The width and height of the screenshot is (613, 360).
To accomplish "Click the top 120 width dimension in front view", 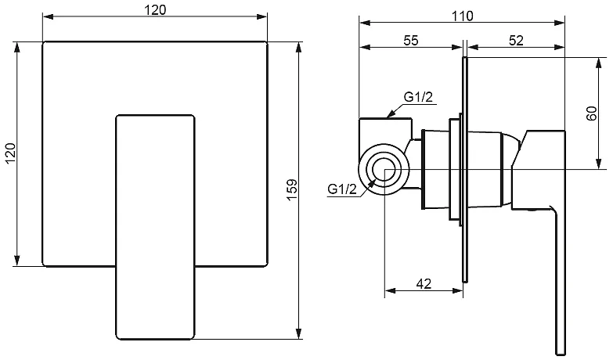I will click(x=155, y=9).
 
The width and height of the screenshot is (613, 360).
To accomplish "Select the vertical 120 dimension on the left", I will click(x=9, y=153).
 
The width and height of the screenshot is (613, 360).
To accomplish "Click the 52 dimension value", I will click(x=515, y=41).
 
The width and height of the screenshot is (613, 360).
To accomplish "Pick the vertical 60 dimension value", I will click(x=592, y=113).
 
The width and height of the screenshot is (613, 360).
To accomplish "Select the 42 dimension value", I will click(x=424, y=284).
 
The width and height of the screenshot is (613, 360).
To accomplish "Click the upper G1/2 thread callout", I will click(x=420, y=97).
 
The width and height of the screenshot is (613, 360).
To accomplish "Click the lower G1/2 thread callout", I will click(x=342, y=189).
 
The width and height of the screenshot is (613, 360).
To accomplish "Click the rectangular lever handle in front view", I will click(x=155, y=227).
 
